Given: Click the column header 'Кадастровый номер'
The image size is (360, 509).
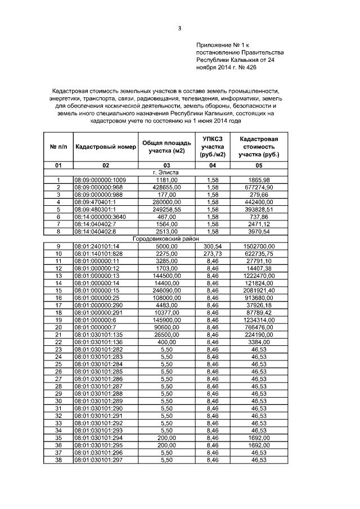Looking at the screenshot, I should click(105, 147).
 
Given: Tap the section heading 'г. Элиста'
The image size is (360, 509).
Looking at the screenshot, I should click(165, 172).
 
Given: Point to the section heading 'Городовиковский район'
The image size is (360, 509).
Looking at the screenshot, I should click(165, 239).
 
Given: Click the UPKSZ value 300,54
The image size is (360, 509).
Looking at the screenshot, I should click(213, 246).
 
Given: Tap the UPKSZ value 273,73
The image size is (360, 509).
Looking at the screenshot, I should click(213, 254).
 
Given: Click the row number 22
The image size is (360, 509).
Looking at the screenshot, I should click(57, 343).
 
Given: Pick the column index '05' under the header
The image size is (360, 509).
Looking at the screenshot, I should click(259, 165).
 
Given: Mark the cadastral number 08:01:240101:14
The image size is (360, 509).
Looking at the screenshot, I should click(97, 246).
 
